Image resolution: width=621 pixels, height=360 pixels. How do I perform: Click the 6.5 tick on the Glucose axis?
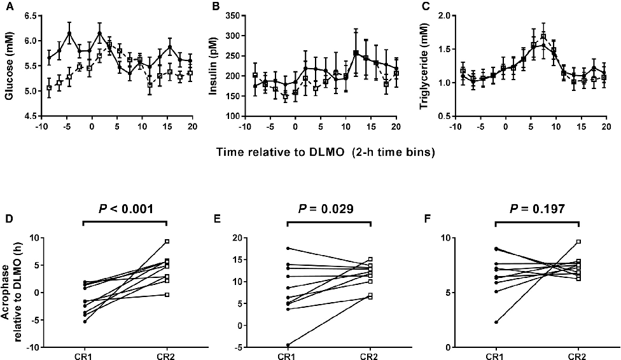click(31, 15)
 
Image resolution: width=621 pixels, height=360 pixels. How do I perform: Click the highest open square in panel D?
click(167, 241)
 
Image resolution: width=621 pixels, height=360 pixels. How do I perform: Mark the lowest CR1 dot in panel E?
click(288, 345)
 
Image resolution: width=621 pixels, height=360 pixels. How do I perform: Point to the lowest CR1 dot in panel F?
click(495, 322)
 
